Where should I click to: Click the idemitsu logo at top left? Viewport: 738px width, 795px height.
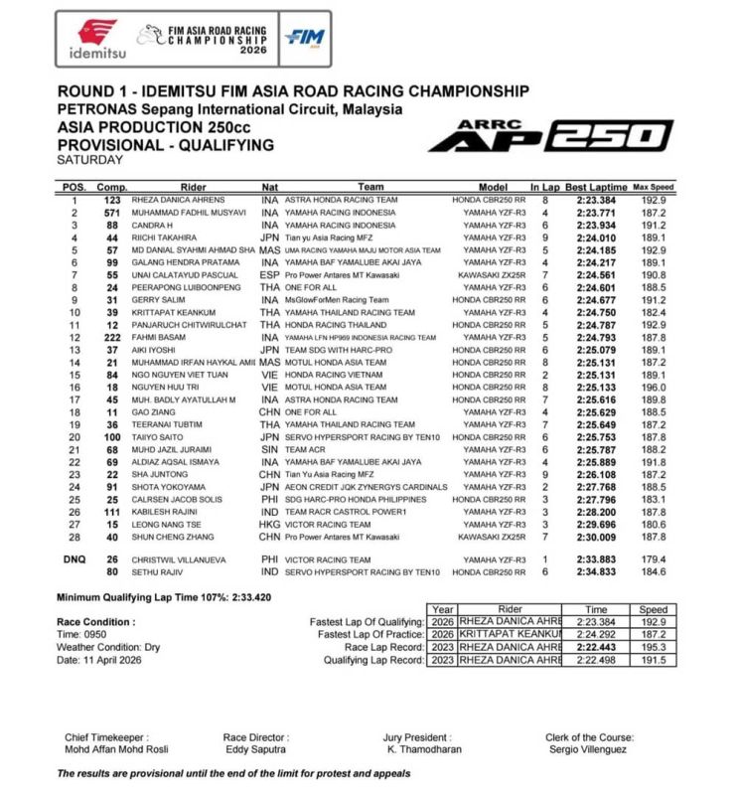tap(96, 37)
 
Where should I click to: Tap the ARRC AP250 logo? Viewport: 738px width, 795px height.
tap(550, 135)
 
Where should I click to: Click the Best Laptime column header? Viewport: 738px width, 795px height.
tap(597, 187)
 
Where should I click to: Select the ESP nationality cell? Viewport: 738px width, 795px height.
tap(269, 274)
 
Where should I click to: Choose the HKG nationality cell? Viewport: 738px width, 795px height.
tap(269, 525)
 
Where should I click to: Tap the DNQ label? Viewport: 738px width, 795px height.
tap(74, 558)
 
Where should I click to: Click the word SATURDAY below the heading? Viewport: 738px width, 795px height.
tap(90, 159)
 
